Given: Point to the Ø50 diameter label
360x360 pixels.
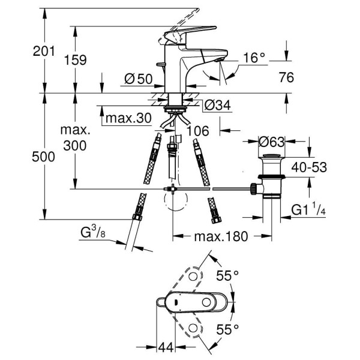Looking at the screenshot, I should pyautogui.click(x=137, y=79).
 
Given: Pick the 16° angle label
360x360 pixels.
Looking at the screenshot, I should pyautogui.click(x=253, y=58).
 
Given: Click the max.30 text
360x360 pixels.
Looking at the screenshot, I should pyautogui.click(x=128, y=119).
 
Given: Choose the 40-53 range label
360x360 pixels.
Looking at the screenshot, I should pyautogui.click(x=309, y=167).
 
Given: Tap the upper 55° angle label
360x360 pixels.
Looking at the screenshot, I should pyautogui.click(x=227, y=275).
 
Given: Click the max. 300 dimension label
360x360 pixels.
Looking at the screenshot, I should pyautogui.click(x=74, y=137).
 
